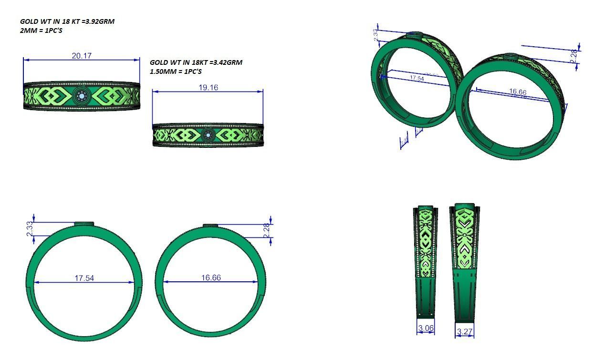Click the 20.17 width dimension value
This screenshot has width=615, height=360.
tap(82, 56)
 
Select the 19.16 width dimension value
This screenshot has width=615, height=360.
tap(208, 87)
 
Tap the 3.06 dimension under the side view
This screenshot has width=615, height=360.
tap(426, 328)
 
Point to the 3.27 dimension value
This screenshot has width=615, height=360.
tap(465, 331)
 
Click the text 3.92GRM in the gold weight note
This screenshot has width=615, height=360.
tap(99, 21)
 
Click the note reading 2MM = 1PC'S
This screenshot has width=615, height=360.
tap(41, 31)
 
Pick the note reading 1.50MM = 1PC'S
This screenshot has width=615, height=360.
tap(176, 72)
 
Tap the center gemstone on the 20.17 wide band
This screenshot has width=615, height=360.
tap(81, 96)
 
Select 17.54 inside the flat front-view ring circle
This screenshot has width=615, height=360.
tap(84, 278)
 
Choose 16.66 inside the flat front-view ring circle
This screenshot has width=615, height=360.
tap(211, 278)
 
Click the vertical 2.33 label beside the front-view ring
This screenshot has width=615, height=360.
tap(30, 228)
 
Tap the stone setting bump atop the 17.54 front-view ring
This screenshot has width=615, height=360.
tap(84, 223)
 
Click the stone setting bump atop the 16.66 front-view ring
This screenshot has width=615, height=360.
tap(210, 225)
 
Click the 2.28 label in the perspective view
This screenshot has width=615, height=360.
tap(573, 55)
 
